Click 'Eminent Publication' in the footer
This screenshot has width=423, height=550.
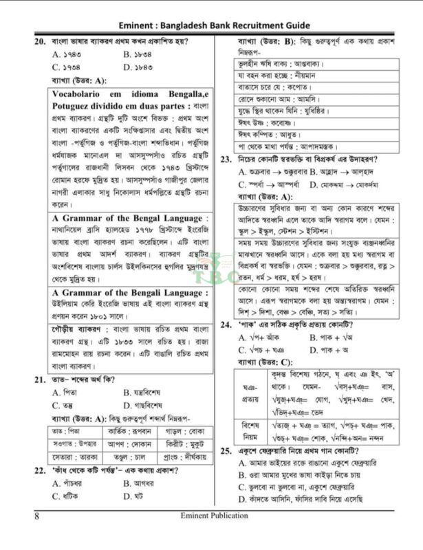pos(211,514)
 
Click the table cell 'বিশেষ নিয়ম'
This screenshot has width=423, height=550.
pos(250,430)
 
